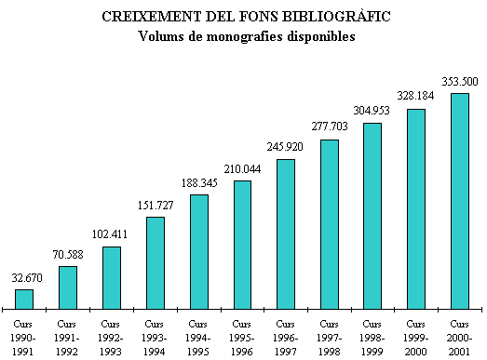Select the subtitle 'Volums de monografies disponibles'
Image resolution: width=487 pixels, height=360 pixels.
246,37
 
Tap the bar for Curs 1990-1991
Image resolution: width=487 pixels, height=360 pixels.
24,299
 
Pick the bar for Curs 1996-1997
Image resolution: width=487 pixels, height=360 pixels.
286,233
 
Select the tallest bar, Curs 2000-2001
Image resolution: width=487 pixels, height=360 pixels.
460,200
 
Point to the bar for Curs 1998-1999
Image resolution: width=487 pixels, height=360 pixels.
372,215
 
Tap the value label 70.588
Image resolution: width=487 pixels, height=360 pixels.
67,254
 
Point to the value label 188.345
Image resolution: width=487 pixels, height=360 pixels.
198,182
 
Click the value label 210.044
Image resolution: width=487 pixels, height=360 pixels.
242,168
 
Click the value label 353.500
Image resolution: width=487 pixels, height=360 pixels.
460,81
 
